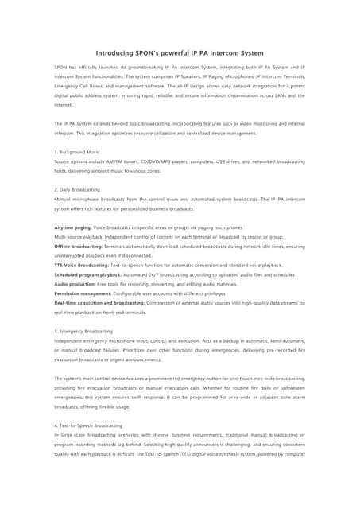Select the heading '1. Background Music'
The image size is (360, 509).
tap(77, 152)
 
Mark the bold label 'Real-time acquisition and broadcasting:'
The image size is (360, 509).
tap(99, 303)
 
